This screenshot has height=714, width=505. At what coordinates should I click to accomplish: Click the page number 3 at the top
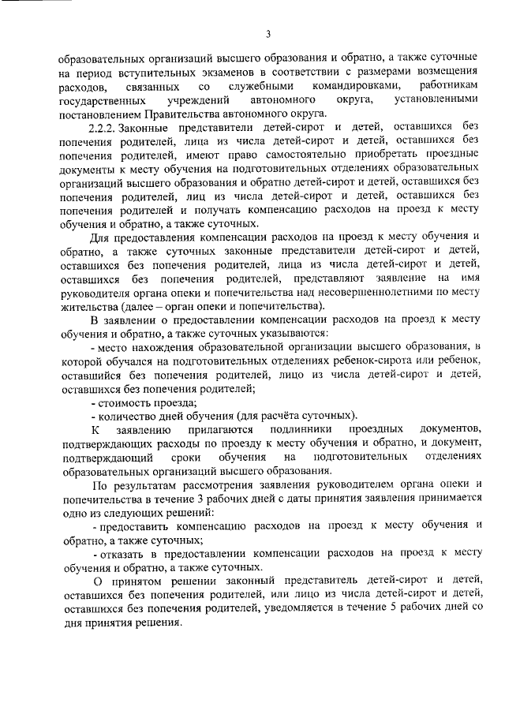267,33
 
